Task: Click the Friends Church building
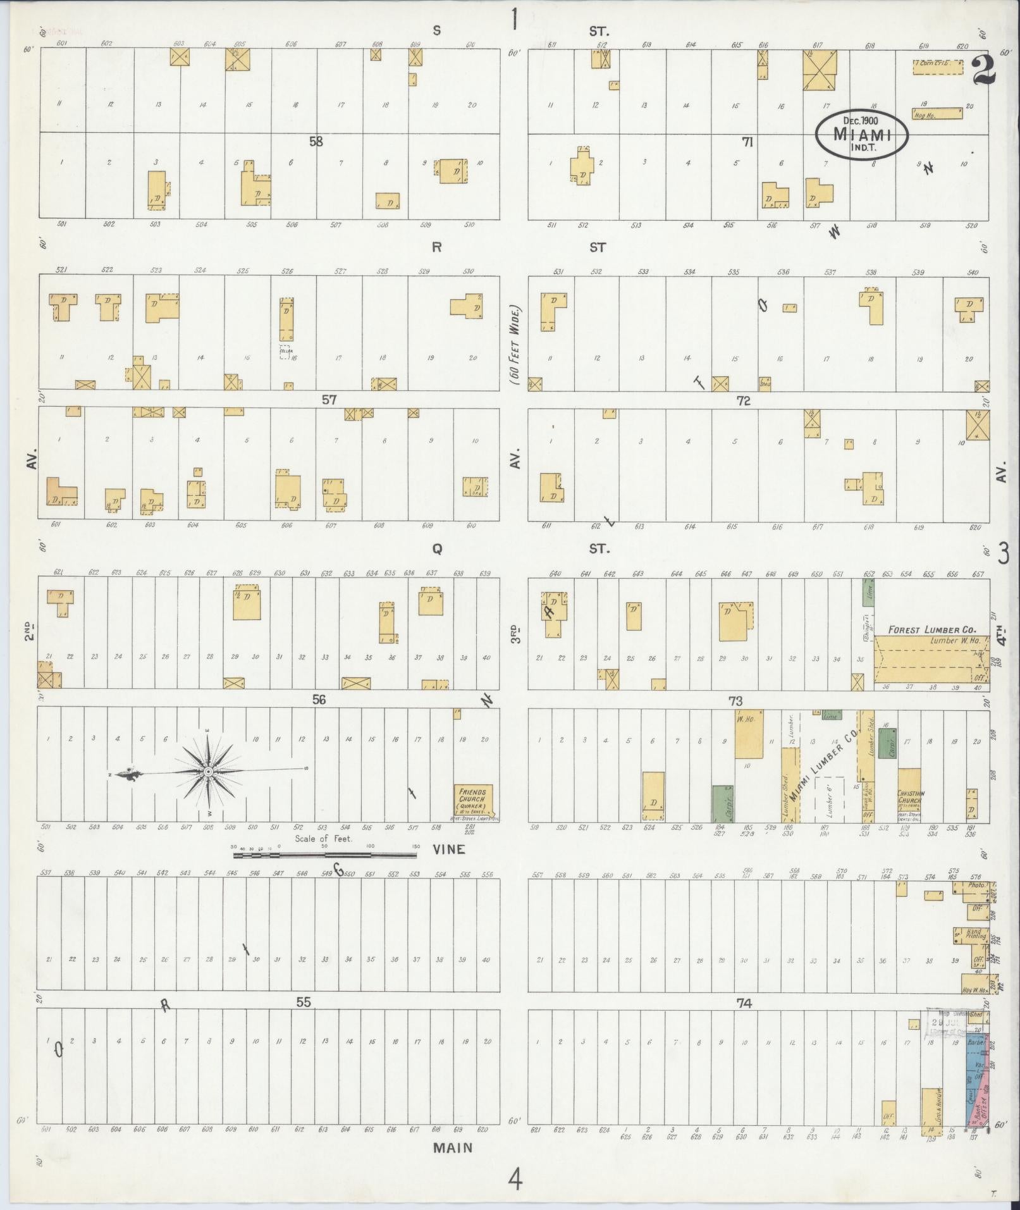point(473,801)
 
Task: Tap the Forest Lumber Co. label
point(931,630)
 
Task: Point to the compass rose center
point(207,772)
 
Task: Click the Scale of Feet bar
point(324,855)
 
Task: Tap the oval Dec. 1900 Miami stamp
point(861,134)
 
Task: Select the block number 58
point(316,142)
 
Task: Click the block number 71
point(747,142)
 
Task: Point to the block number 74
point(744,1003)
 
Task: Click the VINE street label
point(450,849)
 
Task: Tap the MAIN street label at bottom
point(453,1147)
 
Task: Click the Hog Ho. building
point(937,113)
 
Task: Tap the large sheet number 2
point(983,71)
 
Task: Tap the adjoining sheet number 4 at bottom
point(516,1178)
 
